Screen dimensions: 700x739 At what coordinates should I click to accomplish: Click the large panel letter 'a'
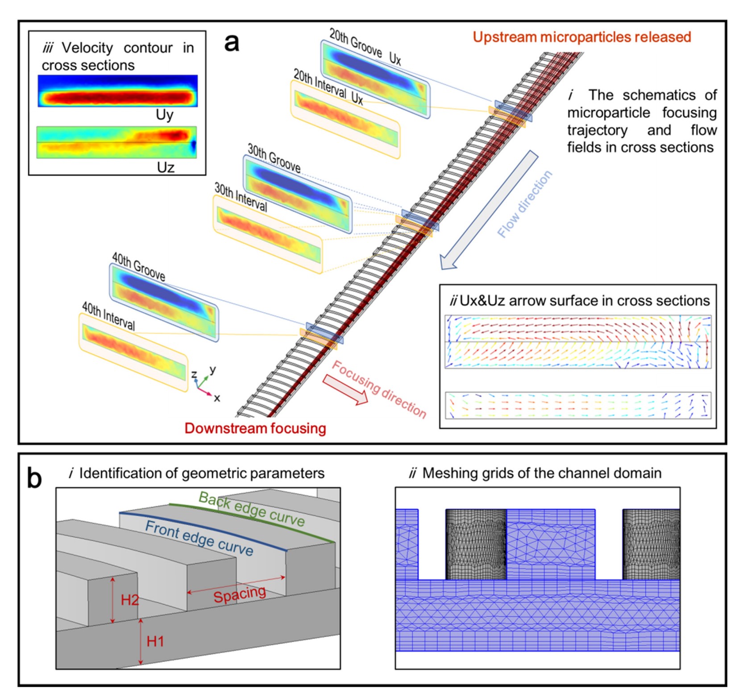232,43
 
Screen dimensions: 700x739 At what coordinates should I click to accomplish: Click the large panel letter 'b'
34,479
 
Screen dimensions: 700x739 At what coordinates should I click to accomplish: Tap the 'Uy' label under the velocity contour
164,115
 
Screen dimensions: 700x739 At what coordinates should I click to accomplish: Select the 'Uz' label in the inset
165,167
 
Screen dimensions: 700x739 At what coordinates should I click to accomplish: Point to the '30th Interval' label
241,197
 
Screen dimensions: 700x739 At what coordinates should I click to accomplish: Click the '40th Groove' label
138,267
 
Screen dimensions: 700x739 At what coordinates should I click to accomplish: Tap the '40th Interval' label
108,316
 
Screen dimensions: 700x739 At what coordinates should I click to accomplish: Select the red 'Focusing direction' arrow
345,389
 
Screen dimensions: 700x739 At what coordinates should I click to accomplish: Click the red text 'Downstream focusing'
255,428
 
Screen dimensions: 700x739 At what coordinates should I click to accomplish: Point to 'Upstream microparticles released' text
581,37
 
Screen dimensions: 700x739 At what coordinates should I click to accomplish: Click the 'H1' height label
155,642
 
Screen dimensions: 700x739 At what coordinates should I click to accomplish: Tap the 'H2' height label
130,600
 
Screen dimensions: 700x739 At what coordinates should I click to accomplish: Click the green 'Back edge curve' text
252,509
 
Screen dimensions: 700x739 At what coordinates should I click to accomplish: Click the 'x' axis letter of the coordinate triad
217,398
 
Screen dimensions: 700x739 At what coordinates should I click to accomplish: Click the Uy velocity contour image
117,91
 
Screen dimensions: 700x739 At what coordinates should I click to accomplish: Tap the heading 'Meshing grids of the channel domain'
541,473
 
